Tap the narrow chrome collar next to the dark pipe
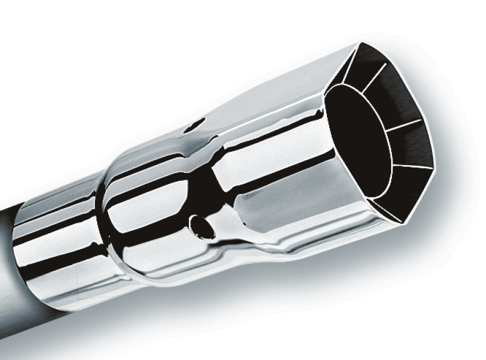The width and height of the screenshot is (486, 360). pos(58,243)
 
